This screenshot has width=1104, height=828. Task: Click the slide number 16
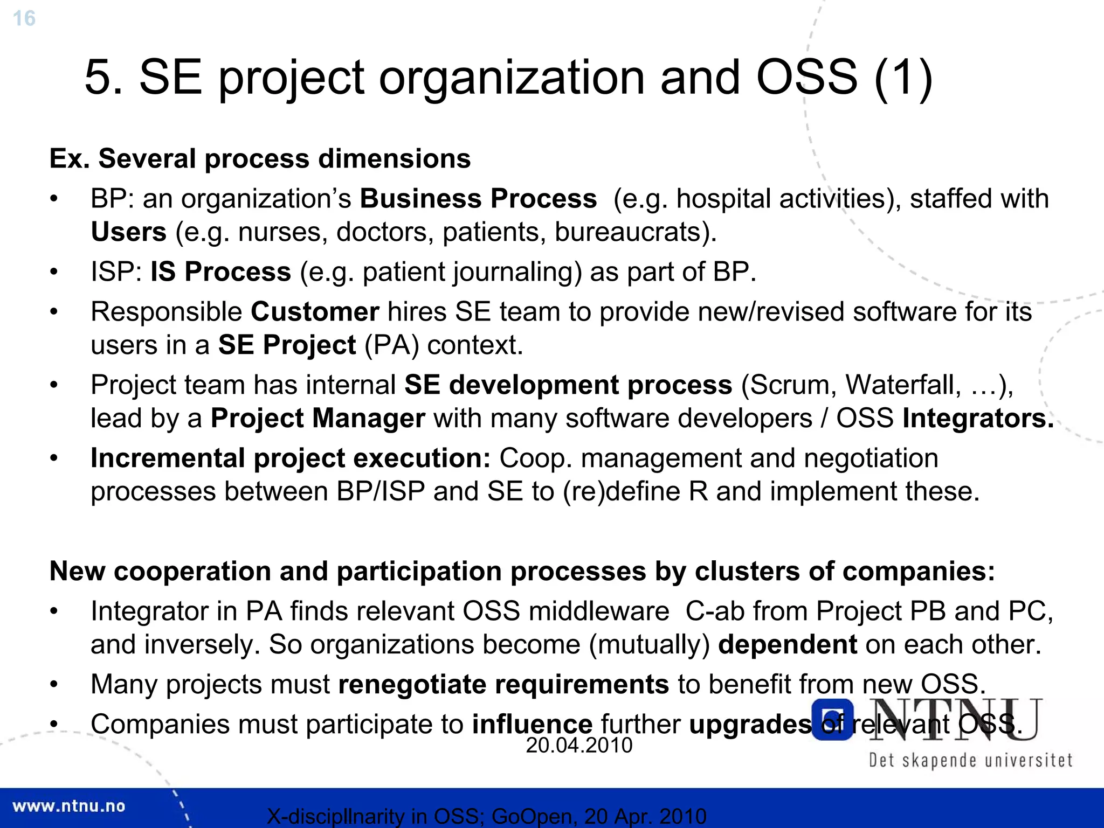pyautogui.click(x=24, y=18)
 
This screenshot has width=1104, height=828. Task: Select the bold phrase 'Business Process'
pyautogui.click(x=478, y=199)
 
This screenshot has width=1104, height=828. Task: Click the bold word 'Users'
pyautogui.click(x=128, y=232)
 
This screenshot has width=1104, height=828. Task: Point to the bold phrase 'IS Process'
pyautogui.click(x=220, y=272)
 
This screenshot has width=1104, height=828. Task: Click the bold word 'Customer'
pyautogui.click(x=315, y=312)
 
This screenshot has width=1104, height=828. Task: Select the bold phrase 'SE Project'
pyautogui.click(x=287, y=345)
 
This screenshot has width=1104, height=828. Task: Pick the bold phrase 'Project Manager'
pyautogui.click(x=318, y=419)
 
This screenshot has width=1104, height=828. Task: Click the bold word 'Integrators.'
pyautogui.click(x=978, y=419)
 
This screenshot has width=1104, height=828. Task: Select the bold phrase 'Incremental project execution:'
pyautogui.click(x=291, y=458)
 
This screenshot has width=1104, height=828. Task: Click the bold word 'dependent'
pyautogui.click(x=787, y=645)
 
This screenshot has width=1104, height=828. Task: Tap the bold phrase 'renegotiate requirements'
pyautogui.click(x=503, y=685)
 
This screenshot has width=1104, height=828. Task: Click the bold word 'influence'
pyautogui.click(x=532, y=725)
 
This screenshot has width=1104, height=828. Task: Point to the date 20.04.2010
pyautogui.click(x=579, y=746)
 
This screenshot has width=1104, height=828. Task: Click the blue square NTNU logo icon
pyautogui.click(x=832, y=720)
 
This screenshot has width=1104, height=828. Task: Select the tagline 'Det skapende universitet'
pyautogui.click(x=970, y=761)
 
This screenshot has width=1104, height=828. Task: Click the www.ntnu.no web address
pyautogui.click(x=68, y=806)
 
